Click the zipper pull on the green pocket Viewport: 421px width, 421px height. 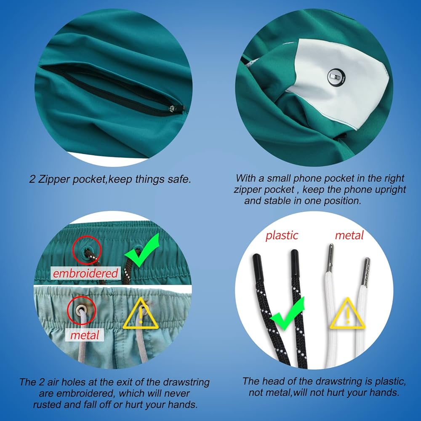(x=172, y=109)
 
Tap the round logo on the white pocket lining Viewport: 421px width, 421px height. (x=336, y=77)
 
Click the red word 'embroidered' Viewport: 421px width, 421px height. (x=85, y=273)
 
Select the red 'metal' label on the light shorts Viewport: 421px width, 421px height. (x=85, y=335)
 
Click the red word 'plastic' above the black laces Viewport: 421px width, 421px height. (x=282, y=235)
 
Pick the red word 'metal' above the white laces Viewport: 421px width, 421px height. (x=349, y=235)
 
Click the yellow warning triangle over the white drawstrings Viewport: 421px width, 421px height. (x=347, y=314)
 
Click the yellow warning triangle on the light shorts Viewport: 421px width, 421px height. (x=141, y=314)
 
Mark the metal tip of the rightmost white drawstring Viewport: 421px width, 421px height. (x=366, y=271)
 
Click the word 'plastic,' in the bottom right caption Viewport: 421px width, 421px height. (x=390, y=382)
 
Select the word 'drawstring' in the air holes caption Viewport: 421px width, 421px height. (x=187, y=382)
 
